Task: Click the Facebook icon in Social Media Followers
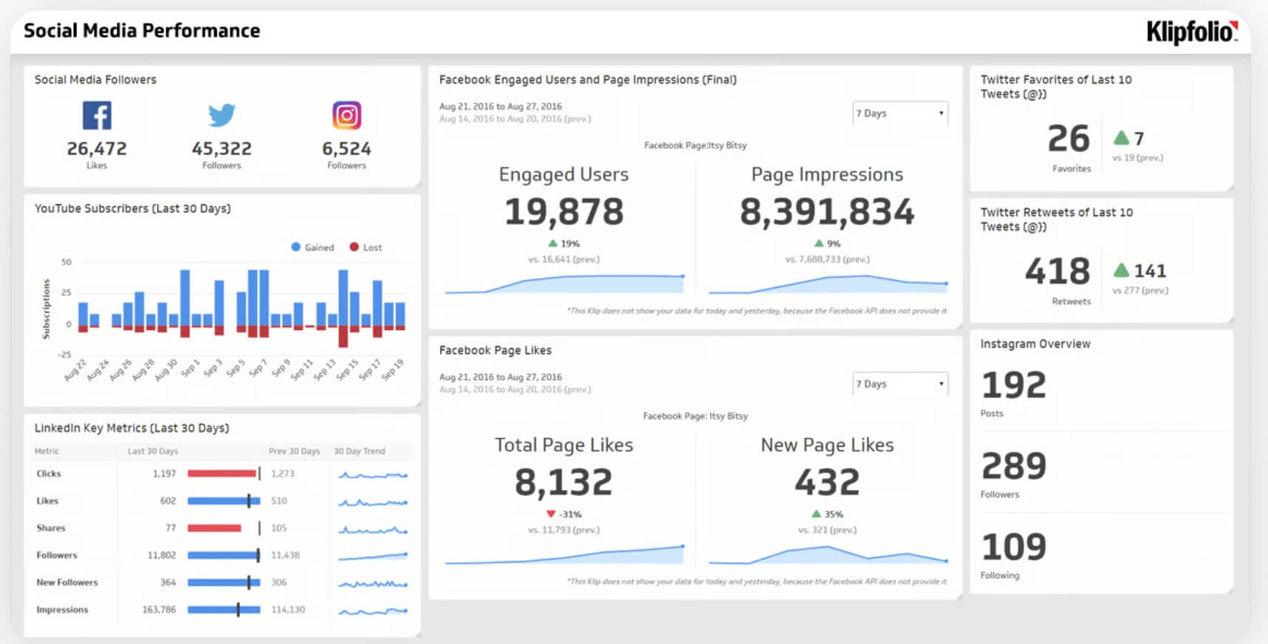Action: click(x=97, y=115)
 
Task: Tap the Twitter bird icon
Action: click(x=222, y=115)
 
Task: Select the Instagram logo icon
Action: click(x=347, y=115)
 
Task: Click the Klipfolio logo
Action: click(x=1191, y=32)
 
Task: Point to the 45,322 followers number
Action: click(x=222, y=149)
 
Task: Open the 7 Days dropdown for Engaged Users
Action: click(x=899, y=113)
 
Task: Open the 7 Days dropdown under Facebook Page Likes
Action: click(x=899, y=384)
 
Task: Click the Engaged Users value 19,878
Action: click(x=564, y=212)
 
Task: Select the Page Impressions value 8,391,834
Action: click(x=827, y=212)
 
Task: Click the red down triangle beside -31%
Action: click(x=551, y=514)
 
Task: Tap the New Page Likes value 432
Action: click(x=827, y=483)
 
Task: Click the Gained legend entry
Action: click(x=313, y=248)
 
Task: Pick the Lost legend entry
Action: click(x=366, y=248)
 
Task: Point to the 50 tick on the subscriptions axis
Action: click(x=67, y=262)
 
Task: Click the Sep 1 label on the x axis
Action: click(x=190, y=367)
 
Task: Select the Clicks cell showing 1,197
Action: click(x=164, y=473)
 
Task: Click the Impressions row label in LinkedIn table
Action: click(x=62, y=610)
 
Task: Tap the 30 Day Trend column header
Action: click(x=359, y=451)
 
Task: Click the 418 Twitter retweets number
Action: click(x=1057, y=271)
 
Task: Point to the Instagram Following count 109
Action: click(x=1014, y=547)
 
